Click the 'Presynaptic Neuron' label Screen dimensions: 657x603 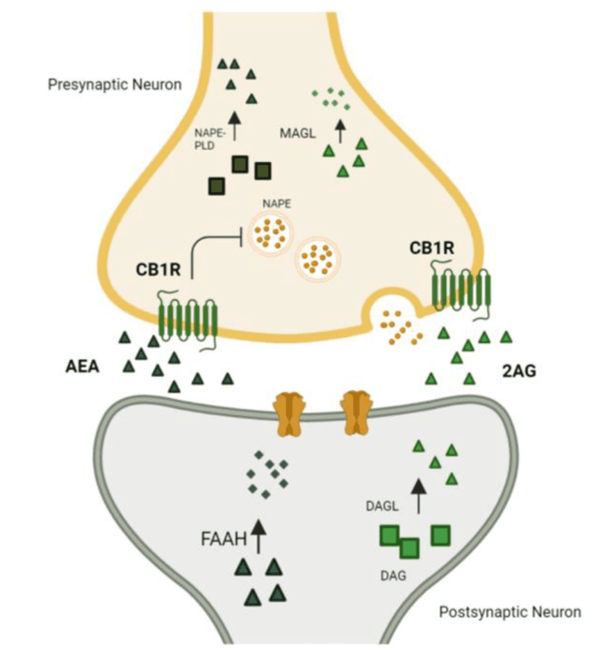coord(115,86)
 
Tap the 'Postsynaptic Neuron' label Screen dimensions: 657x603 coord(510,613)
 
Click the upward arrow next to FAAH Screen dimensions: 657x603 coord(258,535)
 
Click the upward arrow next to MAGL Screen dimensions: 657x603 coord(340,130)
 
